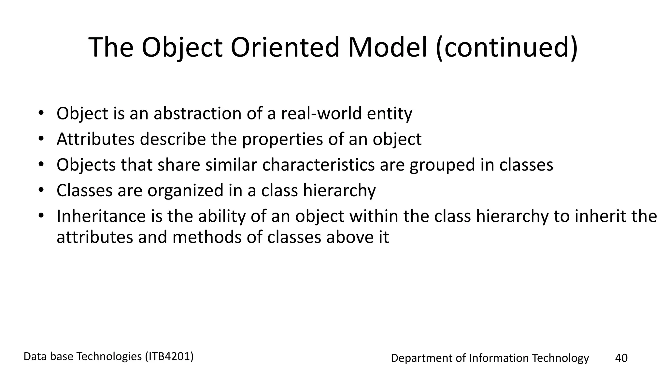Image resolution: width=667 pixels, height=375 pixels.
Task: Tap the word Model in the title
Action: [x=387, y=47]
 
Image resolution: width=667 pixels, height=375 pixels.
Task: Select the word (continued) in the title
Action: [x=506, y=48]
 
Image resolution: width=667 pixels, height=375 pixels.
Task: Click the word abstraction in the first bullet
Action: [x=197, y=114]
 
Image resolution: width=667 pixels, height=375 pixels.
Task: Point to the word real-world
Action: [x=321, y=114]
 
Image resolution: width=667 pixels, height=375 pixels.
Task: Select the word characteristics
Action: [x=318, y=165]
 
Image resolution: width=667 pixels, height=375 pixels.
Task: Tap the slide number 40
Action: [x=621, y=358]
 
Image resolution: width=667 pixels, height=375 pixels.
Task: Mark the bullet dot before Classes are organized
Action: [x=40, y=190]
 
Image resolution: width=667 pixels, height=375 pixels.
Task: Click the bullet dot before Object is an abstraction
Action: [x=40, y=113]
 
